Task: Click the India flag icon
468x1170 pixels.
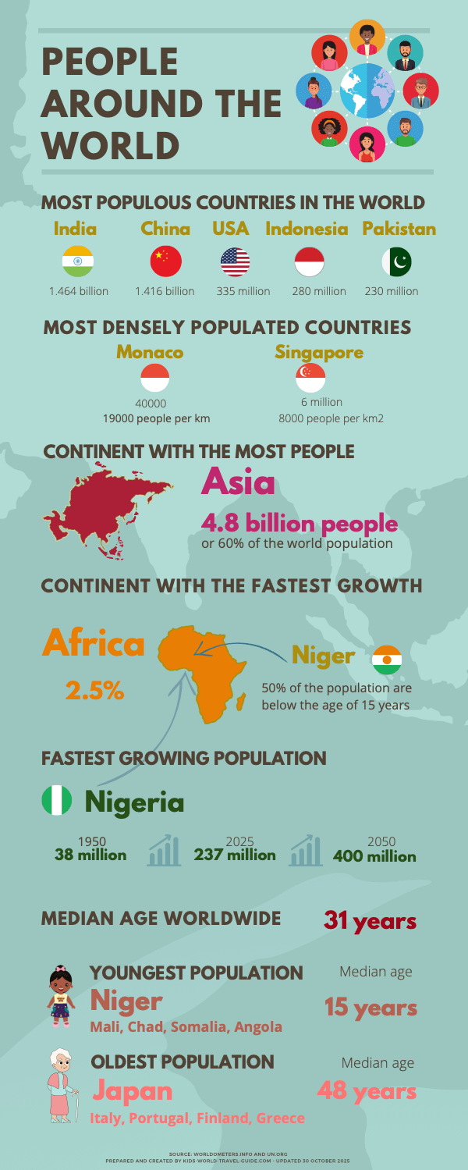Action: click(77, 261)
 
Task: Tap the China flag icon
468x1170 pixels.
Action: click(165, 261)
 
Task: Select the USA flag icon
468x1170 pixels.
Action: click(236, 261)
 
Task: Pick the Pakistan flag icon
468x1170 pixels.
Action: click(397, 261)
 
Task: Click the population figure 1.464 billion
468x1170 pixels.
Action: click(79, 291)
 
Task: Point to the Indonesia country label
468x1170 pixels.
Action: click(307, 229)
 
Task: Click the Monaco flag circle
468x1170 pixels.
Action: click(154, 378)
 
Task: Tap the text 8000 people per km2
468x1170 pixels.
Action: click(331, 418)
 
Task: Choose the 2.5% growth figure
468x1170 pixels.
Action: click(94, 690)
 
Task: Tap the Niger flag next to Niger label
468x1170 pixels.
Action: click(387, 660)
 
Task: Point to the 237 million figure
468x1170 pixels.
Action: click(235, 855)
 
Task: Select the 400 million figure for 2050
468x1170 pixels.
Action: click(374, 855)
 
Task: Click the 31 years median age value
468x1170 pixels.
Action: click(370, 922)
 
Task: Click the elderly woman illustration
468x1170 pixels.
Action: click(62, 1084)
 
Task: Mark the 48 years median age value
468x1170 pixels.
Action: click(367, 1090)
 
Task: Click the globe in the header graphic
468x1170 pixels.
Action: click(367, 90)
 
